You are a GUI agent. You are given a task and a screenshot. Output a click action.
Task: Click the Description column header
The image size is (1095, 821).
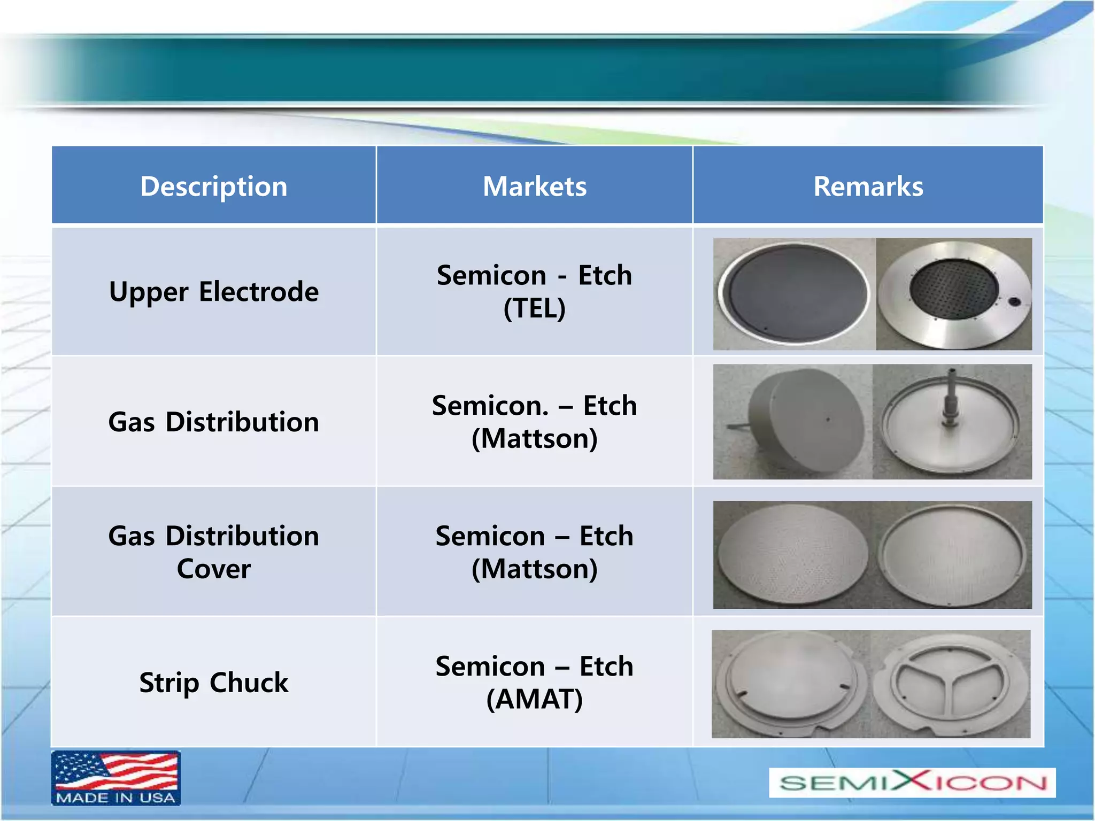click(x=214, y=186)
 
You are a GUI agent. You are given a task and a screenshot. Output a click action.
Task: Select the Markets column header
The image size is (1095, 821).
click(x=535, y=186)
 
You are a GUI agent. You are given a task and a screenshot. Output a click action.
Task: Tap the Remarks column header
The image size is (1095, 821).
click(x=868, y=186)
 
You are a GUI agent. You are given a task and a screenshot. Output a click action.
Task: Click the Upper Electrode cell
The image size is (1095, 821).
click(x=214, y=292)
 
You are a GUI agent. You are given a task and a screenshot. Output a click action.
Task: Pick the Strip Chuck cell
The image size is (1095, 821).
click(x=214, y=683)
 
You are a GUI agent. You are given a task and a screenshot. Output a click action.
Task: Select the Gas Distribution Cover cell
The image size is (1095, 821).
click(x=214, y=552)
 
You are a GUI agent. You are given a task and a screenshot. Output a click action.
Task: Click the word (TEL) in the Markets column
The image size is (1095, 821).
click(x=535, y=308)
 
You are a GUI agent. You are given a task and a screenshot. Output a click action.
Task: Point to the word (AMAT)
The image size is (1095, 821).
click(x=535, y=699)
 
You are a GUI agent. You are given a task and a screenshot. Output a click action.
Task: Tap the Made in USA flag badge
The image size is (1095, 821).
click(x=116, y=778)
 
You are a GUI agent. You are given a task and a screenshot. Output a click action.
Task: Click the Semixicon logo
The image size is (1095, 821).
click(x=912, y=783)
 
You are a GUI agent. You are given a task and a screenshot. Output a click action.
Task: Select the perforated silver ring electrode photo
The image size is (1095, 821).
click(x=954, y=294)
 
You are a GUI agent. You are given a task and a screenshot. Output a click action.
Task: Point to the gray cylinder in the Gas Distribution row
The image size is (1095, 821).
click(x=805, y=422)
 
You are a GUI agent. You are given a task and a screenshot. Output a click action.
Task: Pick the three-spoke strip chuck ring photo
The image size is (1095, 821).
click(x=950, y=684)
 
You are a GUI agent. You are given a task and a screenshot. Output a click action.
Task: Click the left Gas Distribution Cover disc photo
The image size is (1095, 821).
click(x=792, y=555)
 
